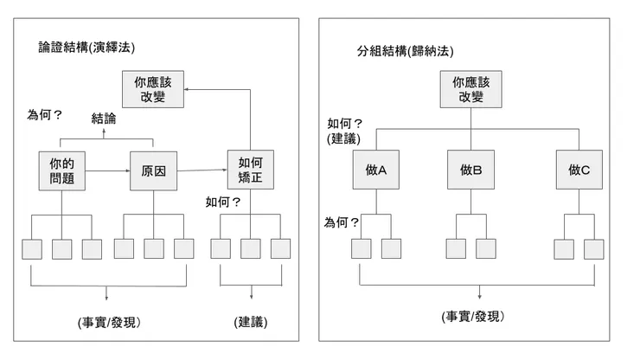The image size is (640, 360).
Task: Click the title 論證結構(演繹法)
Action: tap(86, 46)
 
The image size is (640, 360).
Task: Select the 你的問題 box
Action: tap(61, 170)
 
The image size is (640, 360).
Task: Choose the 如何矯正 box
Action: tap(250, 170)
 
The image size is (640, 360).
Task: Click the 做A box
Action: tap(375, 170)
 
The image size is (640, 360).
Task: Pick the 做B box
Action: tap(470, 170)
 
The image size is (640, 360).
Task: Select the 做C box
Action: tap(579, 170)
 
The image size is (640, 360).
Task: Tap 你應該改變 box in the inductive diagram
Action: tap(470, 90)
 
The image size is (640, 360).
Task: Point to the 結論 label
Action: tap(106, 119)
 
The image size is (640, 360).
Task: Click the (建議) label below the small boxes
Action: tap(251, 322)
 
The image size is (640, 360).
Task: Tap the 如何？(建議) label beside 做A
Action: tap(345, 131)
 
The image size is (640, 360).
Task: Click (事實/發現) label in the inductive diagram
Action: tap(472, 317)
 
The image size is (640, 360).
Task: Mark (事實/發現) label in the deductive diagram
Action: tap(108, 322)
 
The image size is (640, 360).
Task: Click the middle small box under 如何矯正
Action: tap(251, 248)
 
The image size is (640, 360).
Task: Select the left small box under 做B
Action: tap(457, 248)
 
